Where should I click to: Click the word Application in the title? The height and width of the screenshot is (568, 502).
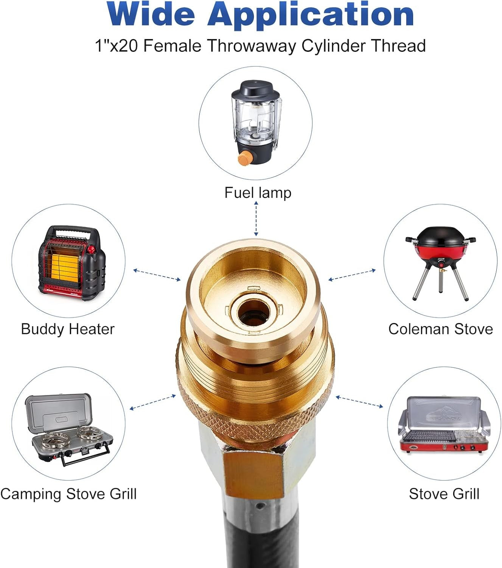point(310,16)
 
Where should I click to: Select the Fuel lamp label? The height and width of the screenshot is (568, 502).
point(258,193)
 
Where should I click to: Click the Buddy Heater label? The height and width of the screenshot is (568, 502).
point(68,329)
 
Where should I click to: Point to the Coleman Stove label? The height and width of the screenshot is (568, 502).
point(440,329)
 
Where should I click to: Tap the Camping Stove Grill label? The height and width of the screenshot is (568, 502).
point(68,494)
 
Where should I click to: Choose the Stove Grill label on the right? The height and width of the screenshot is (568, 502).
point(444,494)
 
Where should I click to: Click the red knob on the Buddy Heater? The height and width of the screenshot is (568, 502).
point(91,249)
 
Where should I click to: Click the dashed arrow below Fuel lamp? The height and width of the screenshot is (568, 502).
point(256,218)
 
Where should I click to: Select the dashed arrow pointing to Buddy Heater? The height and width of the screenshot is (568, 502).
point(157,275)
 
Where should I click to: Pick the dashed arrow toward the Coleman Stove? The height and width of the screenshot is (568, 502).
point(352,275)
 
